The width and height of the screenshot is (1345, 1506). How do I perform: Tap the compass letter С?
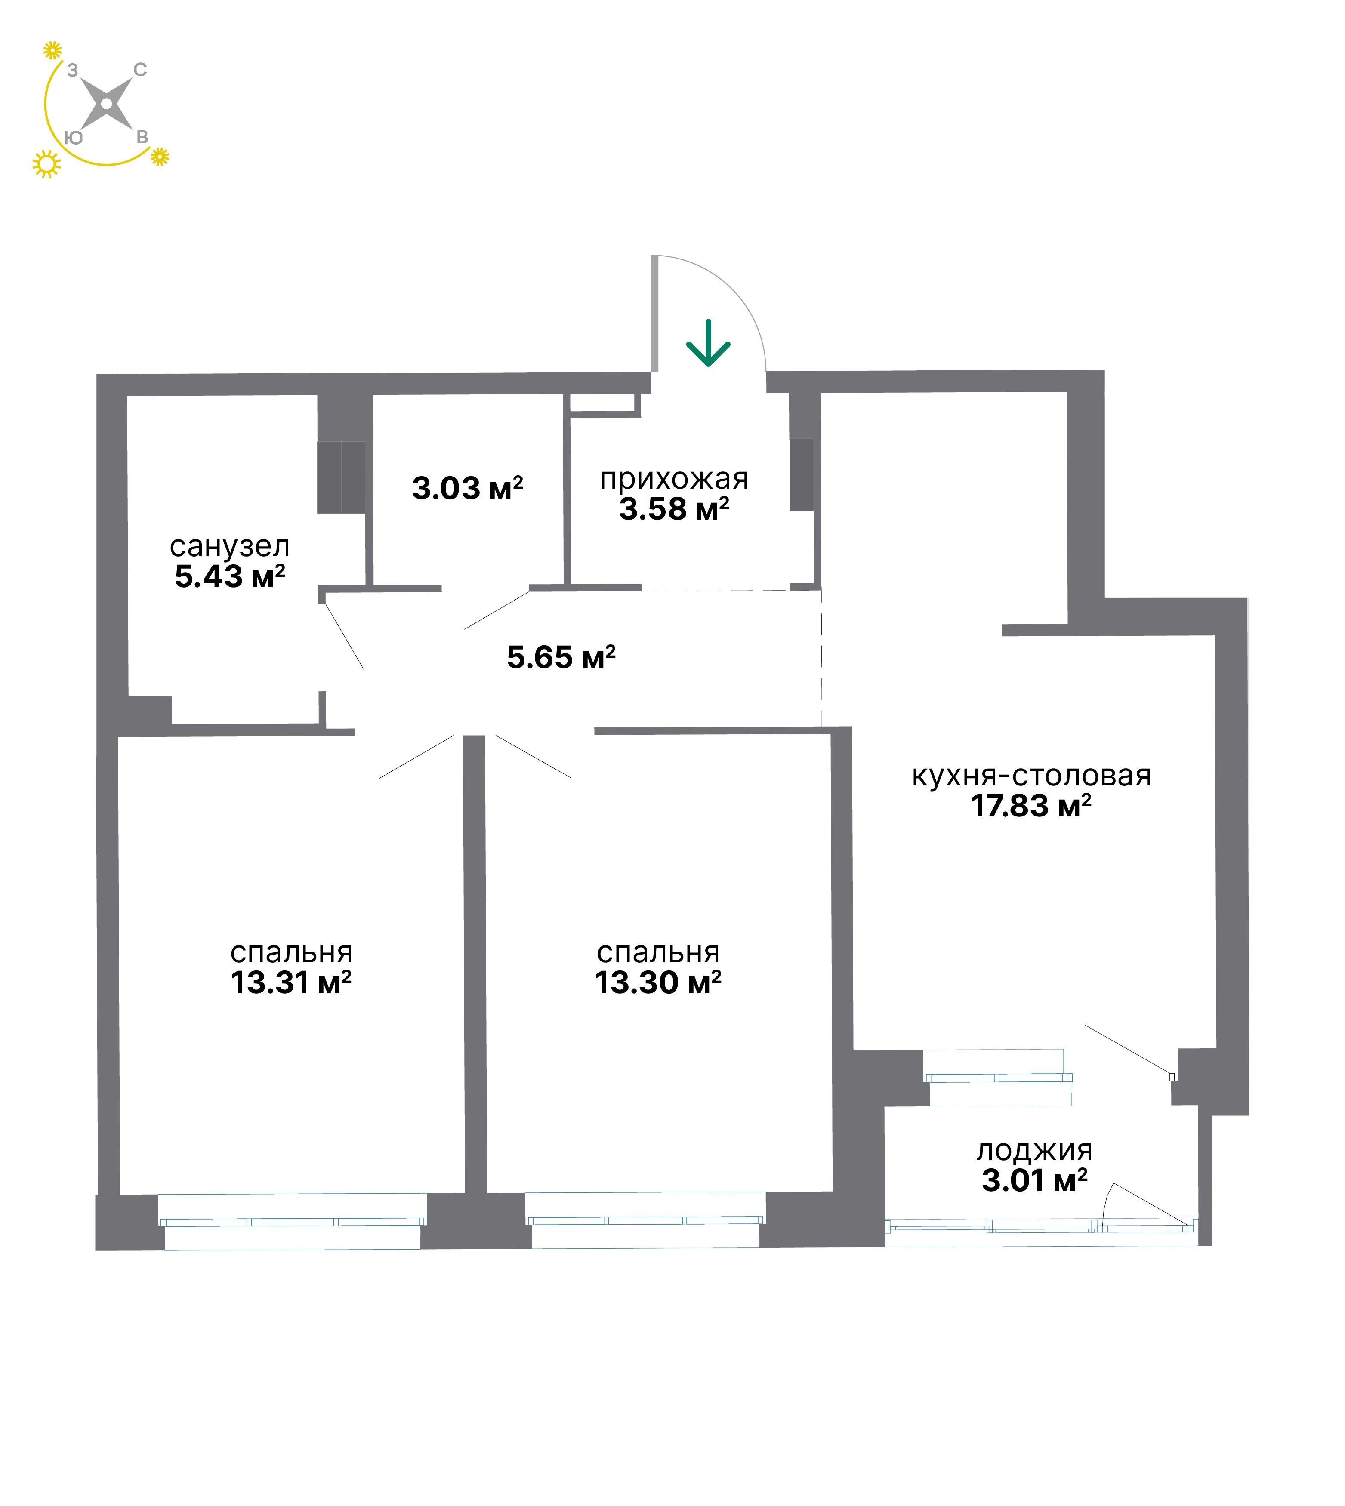click(x=140, y=70)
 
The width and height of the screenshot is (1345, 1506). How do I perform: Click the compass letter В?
click(x=142, y=138)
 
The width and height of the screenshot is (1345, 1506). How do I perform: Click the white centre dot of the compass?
click(x=106, y=104)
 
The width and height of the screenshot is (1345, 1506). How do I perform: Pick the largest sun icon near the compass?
click(x=46, y=164)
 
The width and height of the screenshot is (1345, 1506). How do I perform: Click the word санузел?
click(x=230, y=547)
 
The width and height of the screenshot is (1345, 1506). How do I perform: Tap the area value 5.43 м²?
click(x=230, y=576)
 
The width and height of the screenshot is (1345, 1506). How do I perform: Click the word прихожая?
click(x=674, y=480)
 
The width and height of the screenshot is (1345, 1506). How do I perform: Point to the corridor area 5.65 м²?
click(x=561, y=657)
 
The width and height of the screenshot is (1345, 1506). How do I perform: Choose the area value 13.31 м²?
click(x=291, y=983)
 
